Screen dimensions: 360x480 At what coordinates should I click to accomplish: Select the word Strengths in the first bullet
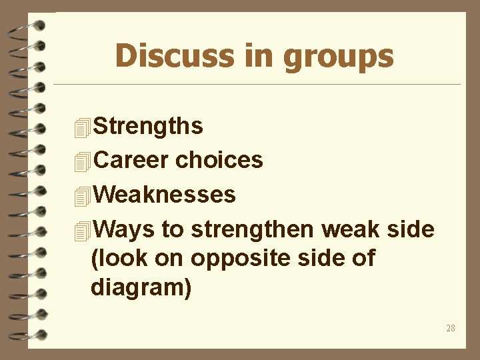tap(149, 125)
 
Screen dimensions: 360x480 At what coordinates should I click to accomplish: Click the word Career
tap(132, 160)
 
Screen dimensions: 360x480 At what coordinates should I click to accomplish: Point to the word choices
tap(219, 160)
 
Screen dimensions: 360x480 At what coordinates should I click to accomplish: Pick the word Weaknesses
tap(165, 195)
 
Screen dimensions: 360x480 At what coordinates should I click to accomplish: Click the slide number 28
tap(451, 328)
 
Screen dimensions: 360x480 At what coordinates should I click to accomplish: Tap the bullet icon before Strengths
tap(82, 127)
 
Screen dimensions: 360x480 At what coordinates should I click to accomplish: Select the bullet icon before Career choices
tap(82, 161)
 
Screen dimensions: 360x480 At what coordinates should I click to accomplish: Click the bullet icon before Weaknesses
tap(82, 196)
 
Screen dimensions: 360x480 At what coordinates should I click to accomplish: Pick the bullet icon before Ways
tap(82, 231)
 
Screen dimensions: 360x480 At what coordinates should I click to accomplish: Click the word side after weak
tap(411, 229)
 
